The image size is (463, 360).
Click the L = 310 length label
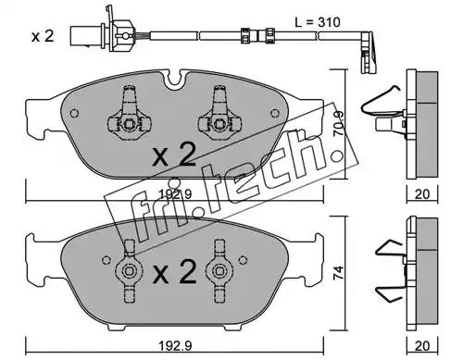pyautogui.click(x=318, y=22)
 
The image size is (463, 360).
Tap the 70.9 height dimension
pyautogui.click(x=339, y=123)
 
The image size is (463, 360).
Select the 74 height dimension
pyautogui.click(x=339, y=273)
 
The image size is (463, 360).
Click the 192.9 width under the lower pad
pyautogui.click(x=175, y=345)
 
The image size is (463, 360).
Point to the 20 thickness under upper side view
pyautogui.click(x=422, y=194)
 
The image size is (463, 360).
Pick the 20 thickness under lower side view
pyautogui.click(x=422, y=346)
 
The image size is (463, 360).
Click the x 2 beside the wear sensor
pyautogui.click(x=43, y=36)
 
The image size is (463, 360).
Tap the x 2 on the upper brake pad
pyautogui.click(x=175, y=155)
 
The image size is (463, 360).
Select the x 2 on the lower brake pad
pyautogui.click(x=175, y=272)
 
